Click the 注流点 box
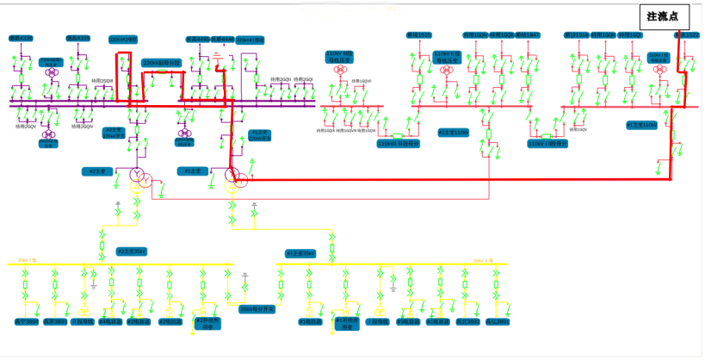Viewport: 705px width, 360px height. tap(664, 16)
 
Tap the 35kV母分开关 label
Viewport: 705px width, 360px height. tap(256, 307)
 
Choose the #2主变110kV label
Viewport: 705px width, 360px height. tap(453, 133)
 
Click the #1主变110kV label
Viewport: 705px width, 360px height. tap(641, 126)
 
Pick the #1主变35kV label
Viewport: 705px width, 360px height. tap(301, 253)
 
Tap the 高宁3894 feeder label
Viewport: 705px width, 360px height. tap(497, 321)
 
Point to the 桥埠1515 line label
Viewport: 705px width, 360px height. tap(419, 35)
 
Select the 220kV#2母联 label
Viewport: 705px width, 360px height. tap(123, 40)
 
